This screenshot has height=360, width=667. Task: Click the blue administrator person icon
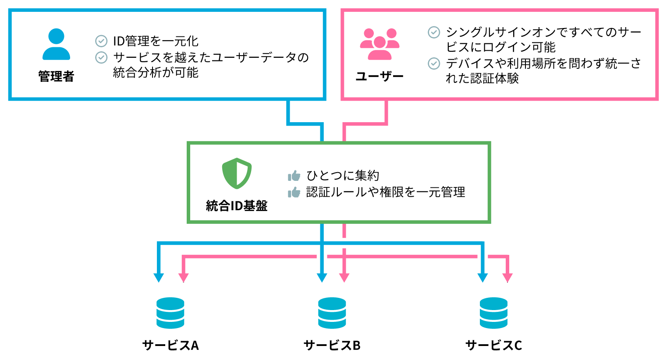pos(56,44)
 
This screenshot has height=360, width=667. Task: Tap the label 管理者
pos(56,77)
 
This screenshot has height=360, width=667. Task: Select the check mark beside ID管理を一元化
pos(101,41)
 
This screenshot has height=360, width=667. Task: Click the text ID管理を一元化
pos(156,41)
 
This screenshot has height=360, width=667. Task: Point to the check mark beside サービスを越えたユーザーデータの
pos(101,57)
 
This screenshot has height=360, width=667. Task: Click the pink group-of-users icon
pos(380,44)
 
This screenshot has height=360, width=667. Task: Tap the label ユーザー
pos(380,77)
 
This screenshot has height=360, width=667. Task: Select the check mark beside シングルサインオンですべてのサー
pos(434,32)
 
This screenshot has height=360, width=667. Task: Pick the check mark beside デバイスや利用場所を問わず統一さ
pos(434,64)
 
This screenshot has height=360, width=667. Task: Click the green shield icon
pos(237,173)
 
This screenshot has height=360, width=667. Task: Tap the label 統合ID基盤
pos(237,206)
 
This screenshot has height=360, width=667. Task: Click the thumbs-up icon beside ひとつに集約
pos(294,176)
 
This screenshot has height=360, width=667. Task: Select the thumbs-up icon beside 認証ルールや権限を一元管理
pos(294,192)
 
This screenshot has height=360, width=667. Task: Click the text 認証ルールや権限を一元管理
pos(386,192)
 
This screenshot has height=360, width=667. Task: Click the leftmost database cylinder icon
pos(170,313)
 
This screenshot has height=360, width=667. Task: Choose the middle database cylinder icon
pos(332,313)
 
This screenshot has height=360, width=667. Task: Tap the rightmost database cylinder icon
pos(493,313)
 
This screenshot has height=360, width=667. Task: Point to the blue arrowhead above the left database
pos(159,278)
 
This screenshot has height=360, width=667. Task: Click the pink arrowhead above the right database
pos(507,278)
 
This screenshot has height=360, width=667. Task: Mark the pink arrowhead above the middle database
pos(344,278)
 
